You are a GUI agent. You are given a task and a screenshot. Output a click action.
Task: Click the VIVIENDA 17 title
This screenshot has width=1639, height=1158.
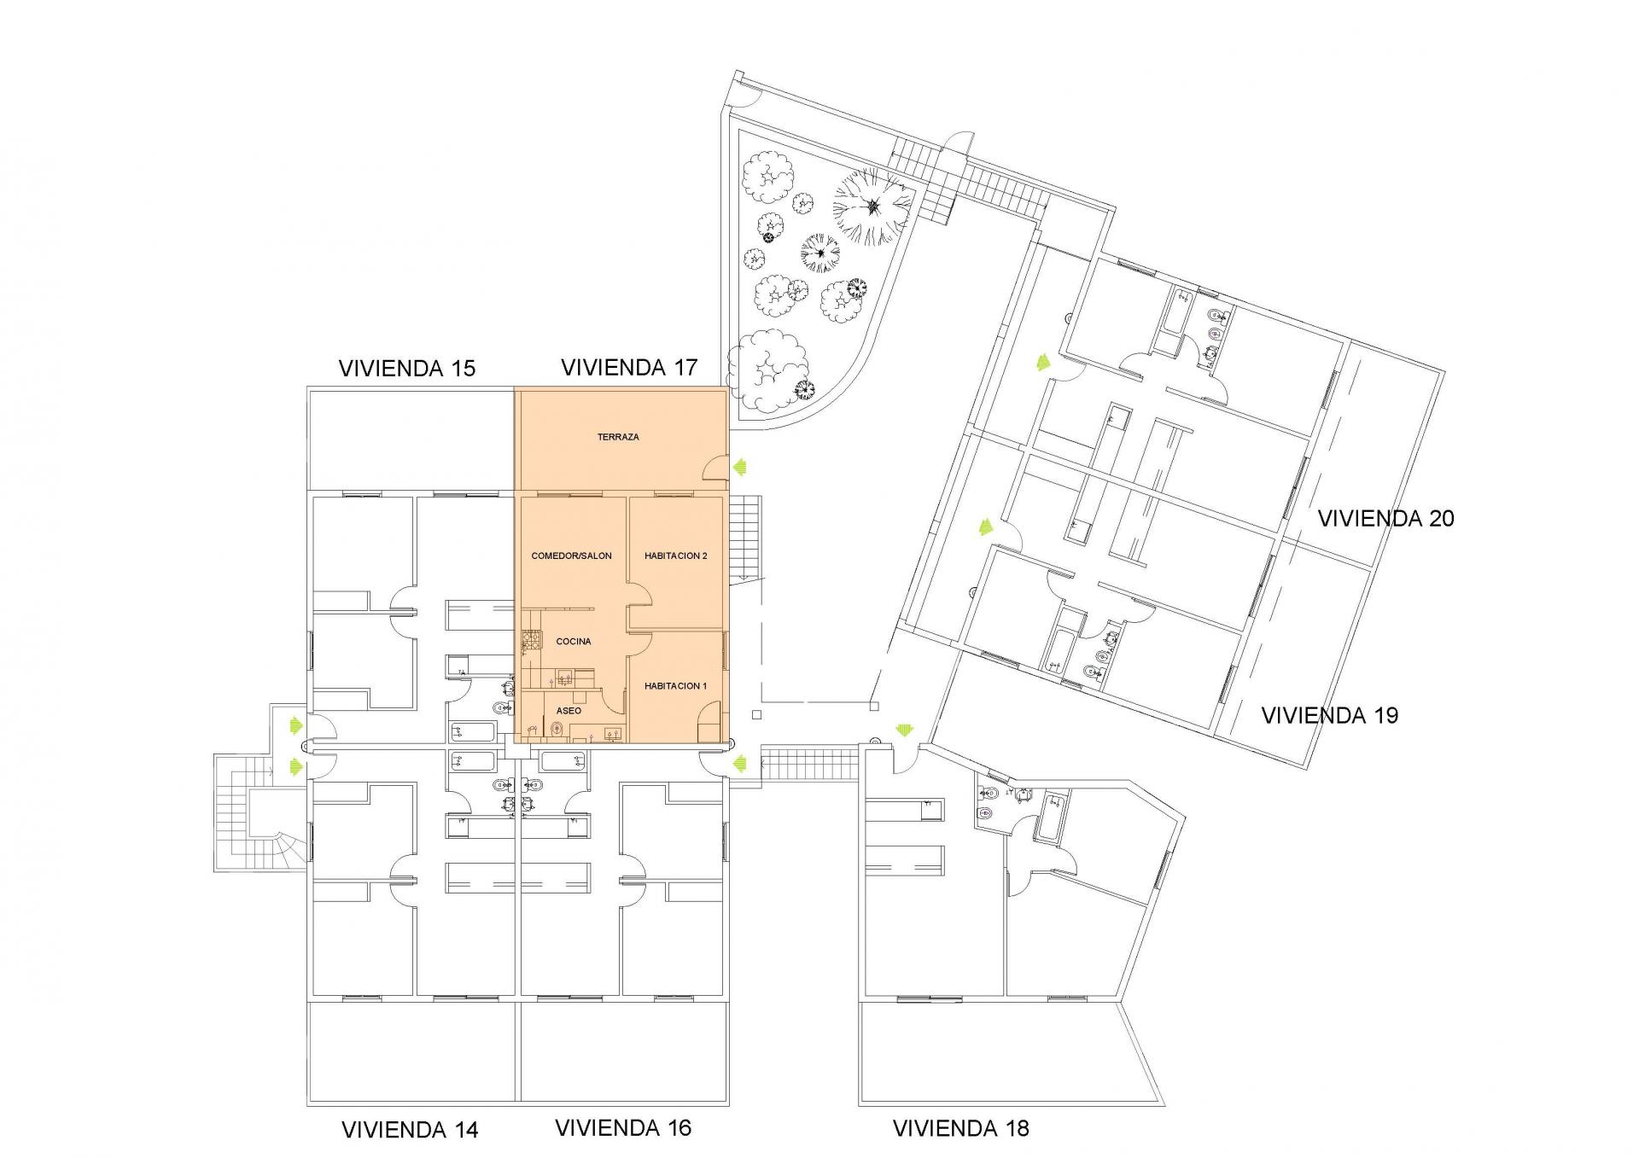629,368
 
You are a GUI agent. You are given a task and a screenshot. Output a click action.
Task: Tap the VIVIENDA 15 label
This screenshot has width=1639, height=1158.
407,369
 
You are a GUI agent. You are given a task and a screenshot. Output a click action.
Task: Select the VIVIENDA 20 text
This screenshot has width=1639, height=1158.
1386,518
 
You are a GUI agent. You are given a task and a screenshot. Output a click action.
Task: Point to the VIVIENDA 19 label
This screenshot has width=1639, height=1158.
1330,715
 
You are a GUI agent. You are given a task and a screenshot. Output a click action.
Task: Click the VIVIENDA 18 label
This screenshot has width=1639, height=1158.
961,1128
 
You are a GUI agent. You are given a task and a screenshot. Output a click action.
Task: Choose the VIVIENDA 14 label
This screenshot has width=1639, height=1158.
410,1130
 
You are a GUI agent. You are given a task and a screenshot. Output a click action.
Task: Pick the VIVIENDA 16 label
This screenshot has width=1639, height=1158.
623,1128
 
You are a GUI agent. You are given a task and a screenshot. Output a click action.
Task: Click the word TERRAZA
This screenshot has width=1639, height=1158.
618,437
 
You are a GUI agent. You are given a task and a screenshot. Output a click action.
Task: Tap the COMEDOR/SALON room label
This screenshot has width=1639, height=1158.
572,556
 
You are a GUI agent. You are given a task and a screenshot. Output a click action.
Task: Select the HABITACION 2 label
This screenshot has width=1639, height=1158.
676,556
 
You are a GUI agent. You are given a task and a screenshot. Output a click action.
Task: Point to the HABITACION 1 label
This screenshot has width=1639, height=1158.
676,686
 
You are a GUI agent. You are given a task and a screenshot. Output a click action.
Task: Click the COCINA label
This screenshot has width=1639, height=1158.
574,641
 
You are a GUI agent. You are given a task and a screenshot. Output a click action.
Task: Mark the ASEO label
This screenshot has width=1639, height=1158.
569,711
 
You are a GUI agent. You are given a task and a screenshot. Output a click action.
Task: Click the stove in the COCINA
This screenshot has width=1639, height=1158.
531,640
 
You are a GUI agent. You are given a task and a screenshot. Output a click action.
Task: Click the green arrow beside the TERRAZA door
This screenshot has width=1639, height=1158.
740,467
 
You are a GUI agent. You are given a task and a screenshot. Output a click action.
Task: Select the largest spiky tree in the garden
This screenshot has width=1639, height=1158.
872,206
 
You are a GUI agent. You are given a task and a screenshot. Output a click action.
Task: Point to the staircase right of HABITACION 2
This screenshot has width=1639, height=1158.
749,538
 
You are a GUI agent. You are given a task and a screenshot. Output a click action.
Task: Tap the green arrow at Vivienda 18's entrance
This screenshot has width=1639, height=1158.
903,730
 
